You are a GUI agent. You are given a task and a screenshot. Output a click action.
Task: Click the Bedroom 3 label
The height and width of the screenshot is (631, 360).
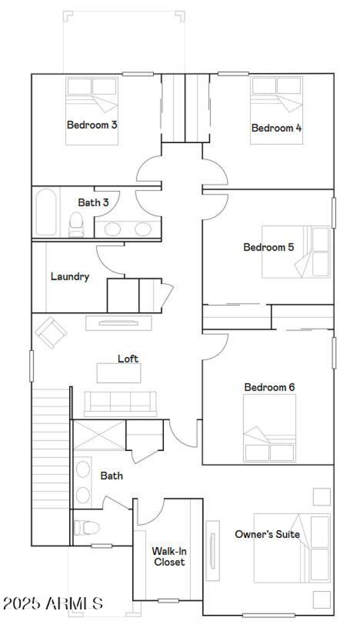(x=92, y=125)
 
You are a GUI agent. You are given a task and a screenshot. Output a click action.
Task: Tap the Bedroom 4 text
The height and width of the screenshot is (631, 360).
(x=276, y=128)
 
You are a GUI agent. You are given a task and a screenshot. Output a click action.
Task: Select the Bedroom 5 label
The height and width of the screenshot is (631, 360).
(x=269, y=247)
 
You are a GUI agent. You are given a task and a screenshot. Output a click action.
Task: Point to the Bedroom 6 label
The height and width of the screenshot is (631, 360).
(x=270, y=387)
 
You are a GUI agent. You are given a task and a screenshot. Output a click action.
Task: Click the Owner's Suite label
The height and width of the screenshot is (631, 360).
(x=267, y=534)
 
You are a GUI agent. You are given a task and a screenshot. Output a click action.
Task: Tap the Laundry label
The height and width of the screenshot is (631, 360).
(x=70, y=276)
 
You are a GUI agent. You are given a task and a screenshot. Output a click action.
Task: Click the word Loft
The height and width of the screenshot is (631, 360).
(x=128, y=359)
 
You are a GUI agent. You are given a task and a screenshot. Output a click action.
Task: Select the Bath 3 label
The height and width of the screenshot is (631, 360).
(x=93, y=203)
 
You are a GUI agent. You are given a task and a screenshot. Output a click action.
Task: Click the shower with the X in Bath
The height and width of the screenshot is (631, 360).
(x=99, y=435)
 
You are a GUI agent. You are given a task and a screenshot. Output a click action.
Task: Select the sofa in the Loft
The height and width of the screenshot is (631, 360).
(x=120, y=403)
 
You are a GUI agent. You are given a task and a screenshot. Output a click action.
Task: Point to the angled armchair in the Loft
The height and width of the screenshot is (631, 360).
(x=51, y=332)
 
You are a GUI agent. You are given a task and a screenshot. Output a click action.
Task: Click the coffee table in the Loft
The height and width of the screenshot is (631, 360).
(x=119, y=373)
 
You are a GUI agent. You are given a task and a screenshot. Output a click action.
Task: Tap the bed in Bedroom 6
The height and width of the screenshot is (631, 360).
(x=270, y=428)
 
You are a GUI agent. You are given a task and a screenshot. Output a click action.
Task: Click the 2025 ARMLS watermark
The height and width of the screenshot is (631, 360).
(x=53, y=603)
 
